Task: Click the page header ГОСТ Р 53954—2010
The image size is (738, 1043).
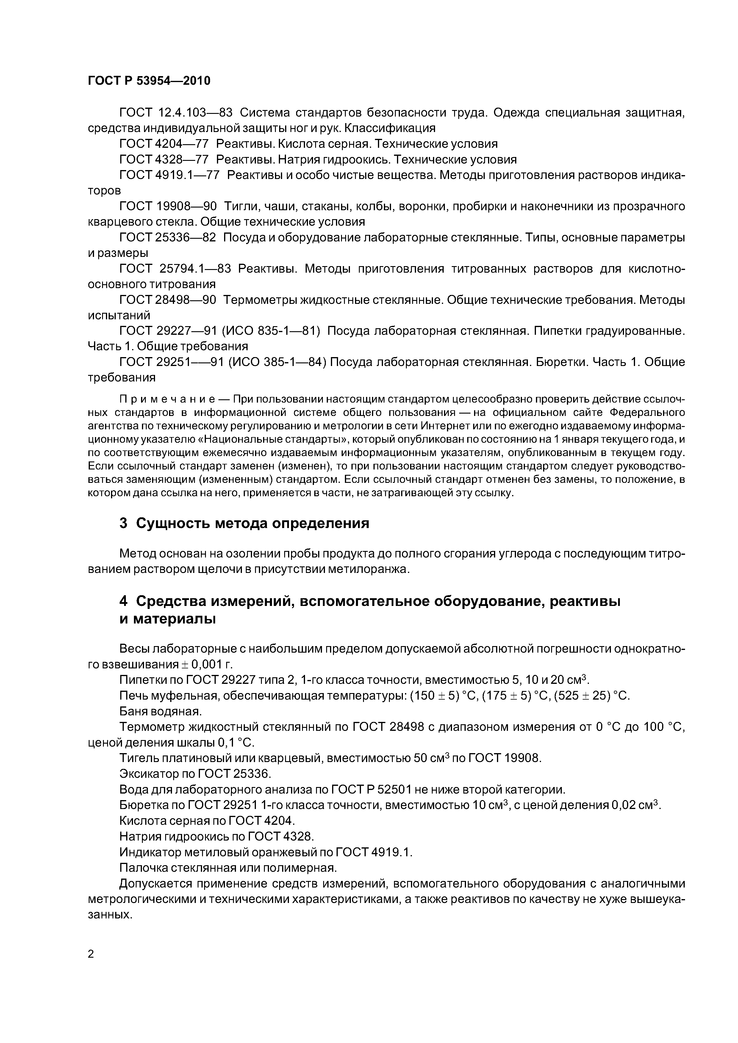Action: pyautogui.click(x=149, y=81)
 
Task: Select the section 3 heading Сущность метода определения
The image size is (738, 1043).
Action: pyautogui.click(x=244, y=523)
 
